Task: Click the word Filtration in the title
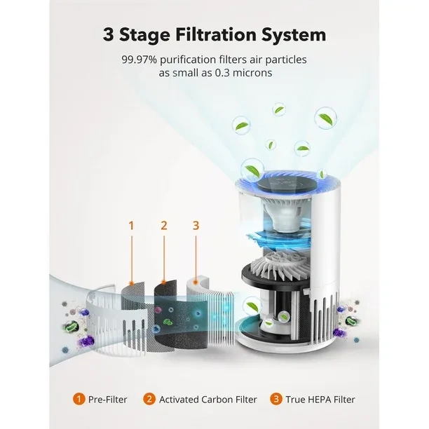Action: click(x=216, y=35)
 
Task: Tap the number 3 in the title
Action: click(x=109, y=35)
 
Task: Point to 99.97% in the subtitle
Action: click(x=139, y=60)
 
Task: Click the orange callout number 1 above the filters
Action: click(x=131, y=226)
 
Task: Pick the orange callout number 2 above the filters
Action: click(x=163, y=226)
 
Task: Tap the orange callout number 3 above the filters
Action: click(x=196, y=226)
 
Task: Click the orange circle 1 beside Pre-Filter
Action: click(x=79, y=399)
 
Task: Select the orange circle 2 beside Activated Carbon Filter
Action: click(x=149, y=399)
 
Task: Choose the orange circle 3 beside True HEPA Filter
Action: click(x=275, y=399)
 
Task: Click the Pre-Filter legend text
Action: click(x=108, y=400)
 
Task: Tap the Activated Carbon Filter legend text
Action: click(x=208, y=400)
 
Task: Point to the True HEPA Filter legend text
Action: click(x=320, y=400)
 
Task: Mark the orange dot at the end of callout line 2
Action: click(x=163, y=282)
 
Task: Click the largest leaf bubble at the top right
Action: click(x=325, y=118)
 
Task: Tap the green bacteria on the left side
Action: click(x=71, y=326)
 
